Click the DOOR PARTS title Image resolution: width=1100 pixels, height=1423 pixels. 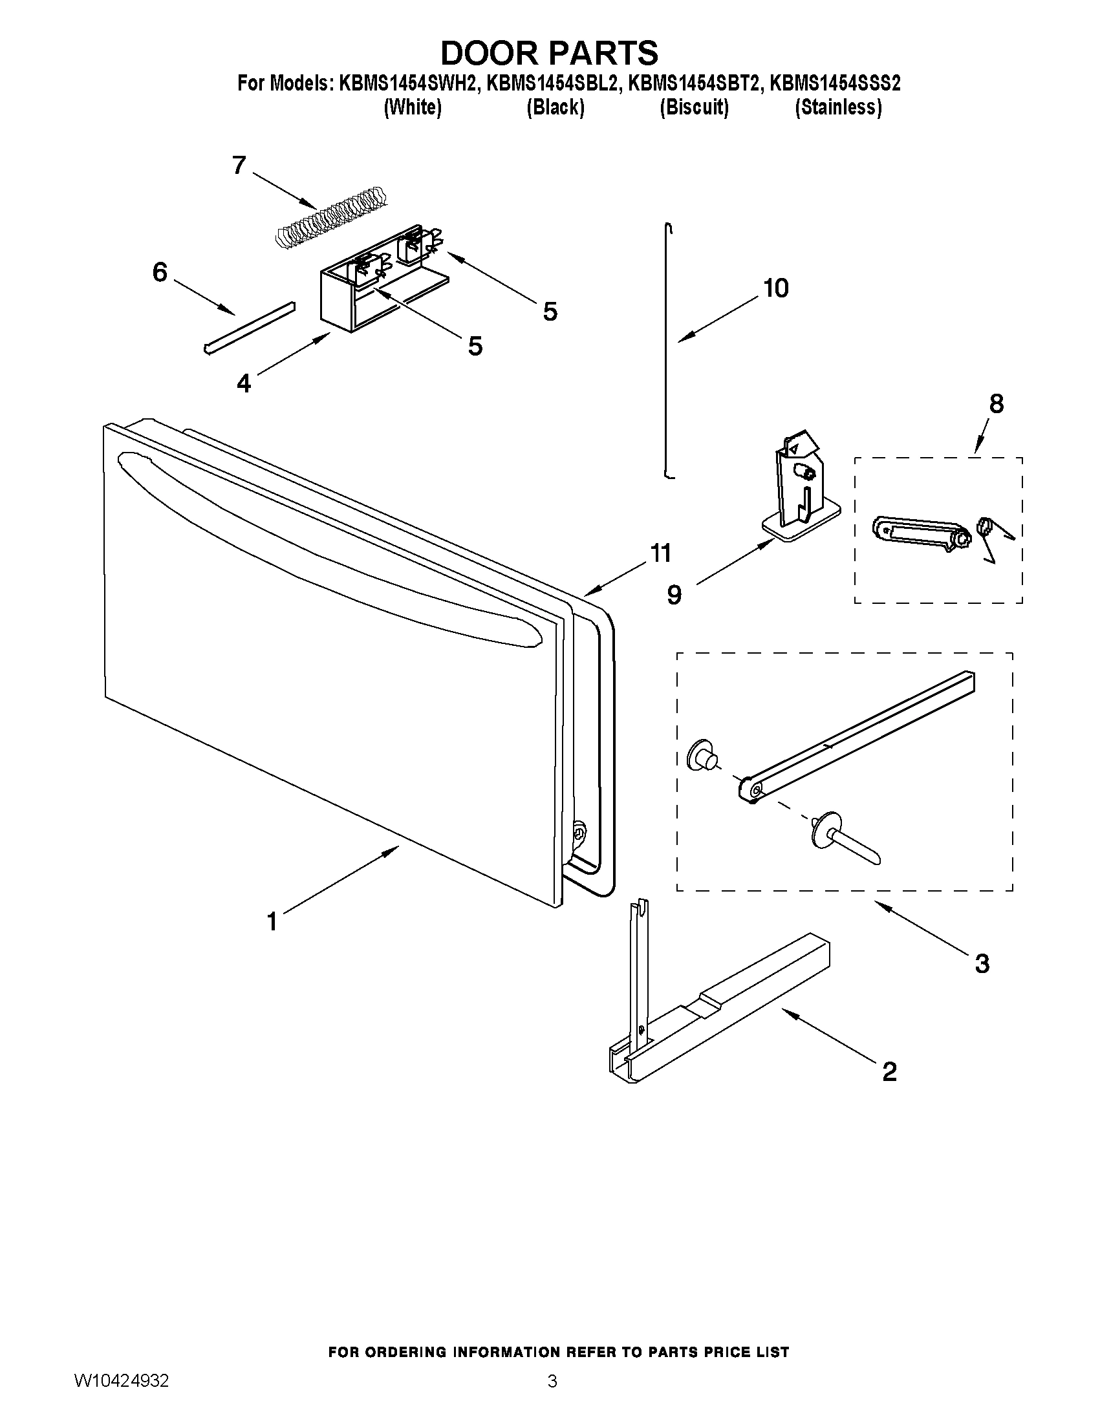(x=549, y=53)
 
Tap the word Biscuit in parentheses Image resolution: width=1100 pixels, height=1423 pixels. (x=693, y=107)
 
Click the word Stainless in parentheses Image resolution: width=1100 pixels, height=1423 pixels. (x=838, y=107)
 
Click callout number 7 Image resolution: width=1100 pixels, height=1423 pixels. (x=239, y=166)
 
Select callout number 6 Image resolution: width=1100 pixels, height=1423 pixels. (x=160, y=272)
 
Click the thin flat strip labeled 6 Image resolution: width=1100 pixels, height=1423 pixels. (x=249, y=328)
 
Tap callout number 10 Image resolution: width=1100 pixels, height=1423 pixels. (x=776, y=288)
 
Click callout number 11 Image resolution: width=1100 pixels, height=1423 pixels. (x=660, y=554)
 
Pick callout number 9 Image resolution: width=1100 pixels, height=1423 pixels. (x=674, y=594)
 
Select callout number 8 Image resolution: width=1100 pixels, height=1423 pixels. (x=997, y=405)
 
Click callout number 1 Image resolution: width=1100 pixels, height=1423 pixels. (x=272, y=922)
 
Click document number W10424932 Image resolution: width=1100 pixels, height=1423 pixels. (x=122, y=1380)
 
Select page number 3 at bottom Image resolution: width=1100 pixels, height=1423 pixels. (x=552, y=1380)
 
